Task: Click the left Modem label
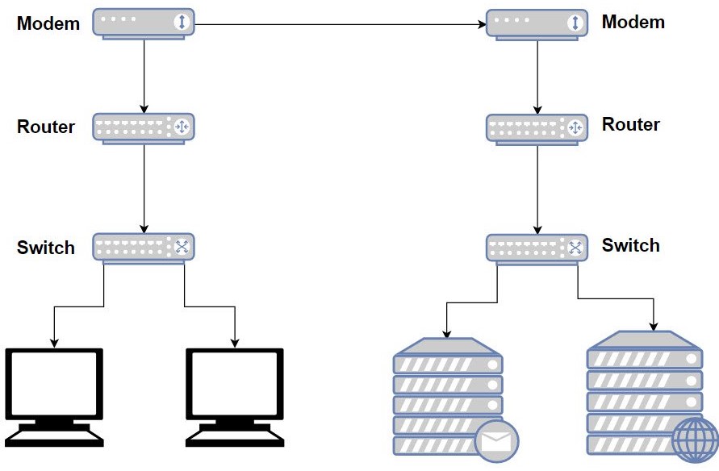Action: pos(48,23)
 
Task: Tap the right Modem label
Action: pos(633,22)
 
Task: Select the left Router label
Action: pos(46,127)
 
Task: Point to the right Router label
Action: pos(631,124)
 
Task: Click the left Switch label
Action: pos(46,248)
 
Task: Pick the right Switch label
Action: pos(631,245)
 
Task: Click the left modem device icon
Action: pos(144,24)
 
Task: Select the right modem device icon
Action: pos(537,25)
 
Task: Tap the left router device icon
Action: pos(144,129)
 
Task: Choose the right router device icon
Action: pos(537,130)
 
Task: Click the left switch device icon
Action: pos(144,248)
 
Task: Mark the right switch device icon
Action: pos(537,250)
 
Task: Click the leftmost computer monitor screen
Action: pos(54,383)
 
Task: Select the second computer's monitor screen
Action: pos(235,383)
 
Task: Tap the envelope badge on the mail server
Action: pos(496,442)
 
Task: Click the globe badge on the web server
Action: pos(695,440)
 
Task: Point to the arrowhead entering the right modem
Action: pos(482,24)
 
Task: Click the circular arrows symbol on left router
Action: pos(182,127)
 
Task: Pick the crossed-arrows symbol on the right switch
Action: pos(575,248)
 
